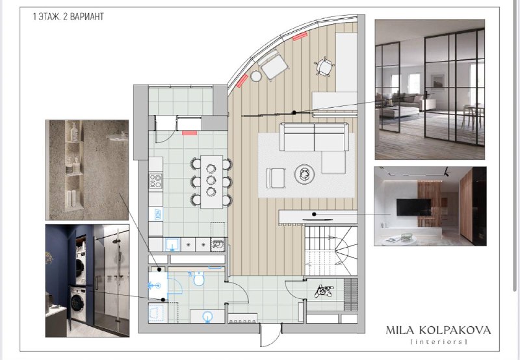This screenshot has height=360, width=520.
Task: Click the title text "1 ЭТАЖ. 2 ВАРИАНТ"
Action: coord(68,17)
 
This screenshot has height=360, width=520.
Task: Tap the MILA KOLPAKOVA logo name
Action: coord(438,330)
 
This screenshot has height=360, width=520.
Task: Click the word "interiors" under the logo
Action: coord(439,341)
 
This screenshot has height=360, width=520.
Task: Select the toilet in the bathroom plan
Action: coord(199,279)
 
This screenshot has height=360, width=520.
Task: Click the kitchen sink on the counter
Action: coord(172,244)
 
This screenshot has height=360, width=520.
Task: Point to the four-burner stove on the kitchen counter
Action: coord(155,181)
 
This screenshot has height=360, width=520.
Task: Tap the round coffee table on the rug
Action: coord(304,174)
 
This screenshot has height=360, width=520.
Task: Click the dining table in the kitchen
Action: coord(211,182)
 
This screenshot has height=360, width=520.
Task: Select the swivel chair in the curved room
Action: coord(324,67)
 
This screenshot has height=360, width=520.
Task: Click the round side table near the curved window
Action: coord(256,76)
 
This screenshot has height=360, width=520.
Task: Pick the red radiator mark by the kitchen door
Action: coord(189,133)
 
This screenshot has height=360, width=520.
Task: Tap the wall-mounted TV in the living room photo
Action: coord(413,207)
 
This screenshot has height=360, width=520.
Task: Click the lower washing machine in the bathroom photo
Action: coord(78,303)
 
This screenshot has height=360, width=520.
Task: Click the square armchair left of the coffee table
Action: coord(276,178)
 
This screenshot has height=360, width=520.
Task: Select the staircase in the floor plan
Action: coord(331,251)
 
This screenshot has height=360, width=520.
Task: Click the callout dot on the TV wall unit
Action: coord(314,214)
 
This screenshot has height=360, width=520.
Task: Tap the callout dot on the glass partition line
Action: coord(294,112)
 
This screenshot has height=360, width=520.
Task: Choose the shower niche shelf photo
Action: coord(87,170)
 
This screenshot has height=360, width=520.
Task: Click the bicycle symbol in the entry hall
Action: coord(323,290)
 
